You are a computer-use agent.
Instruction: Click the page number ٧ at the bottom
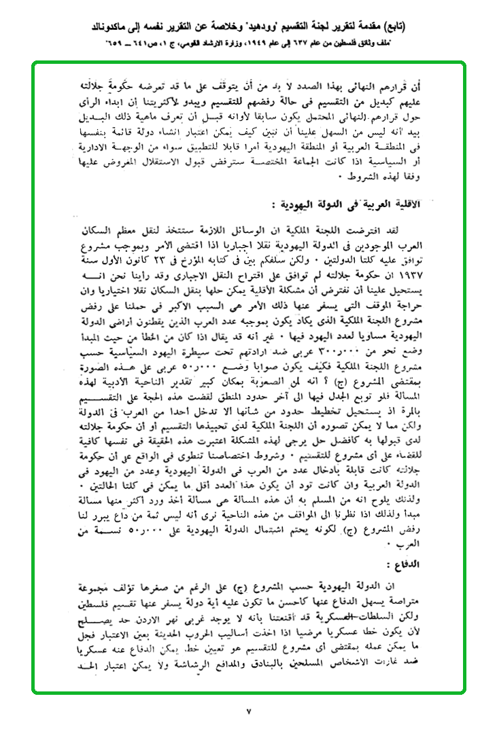point(249,712)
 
